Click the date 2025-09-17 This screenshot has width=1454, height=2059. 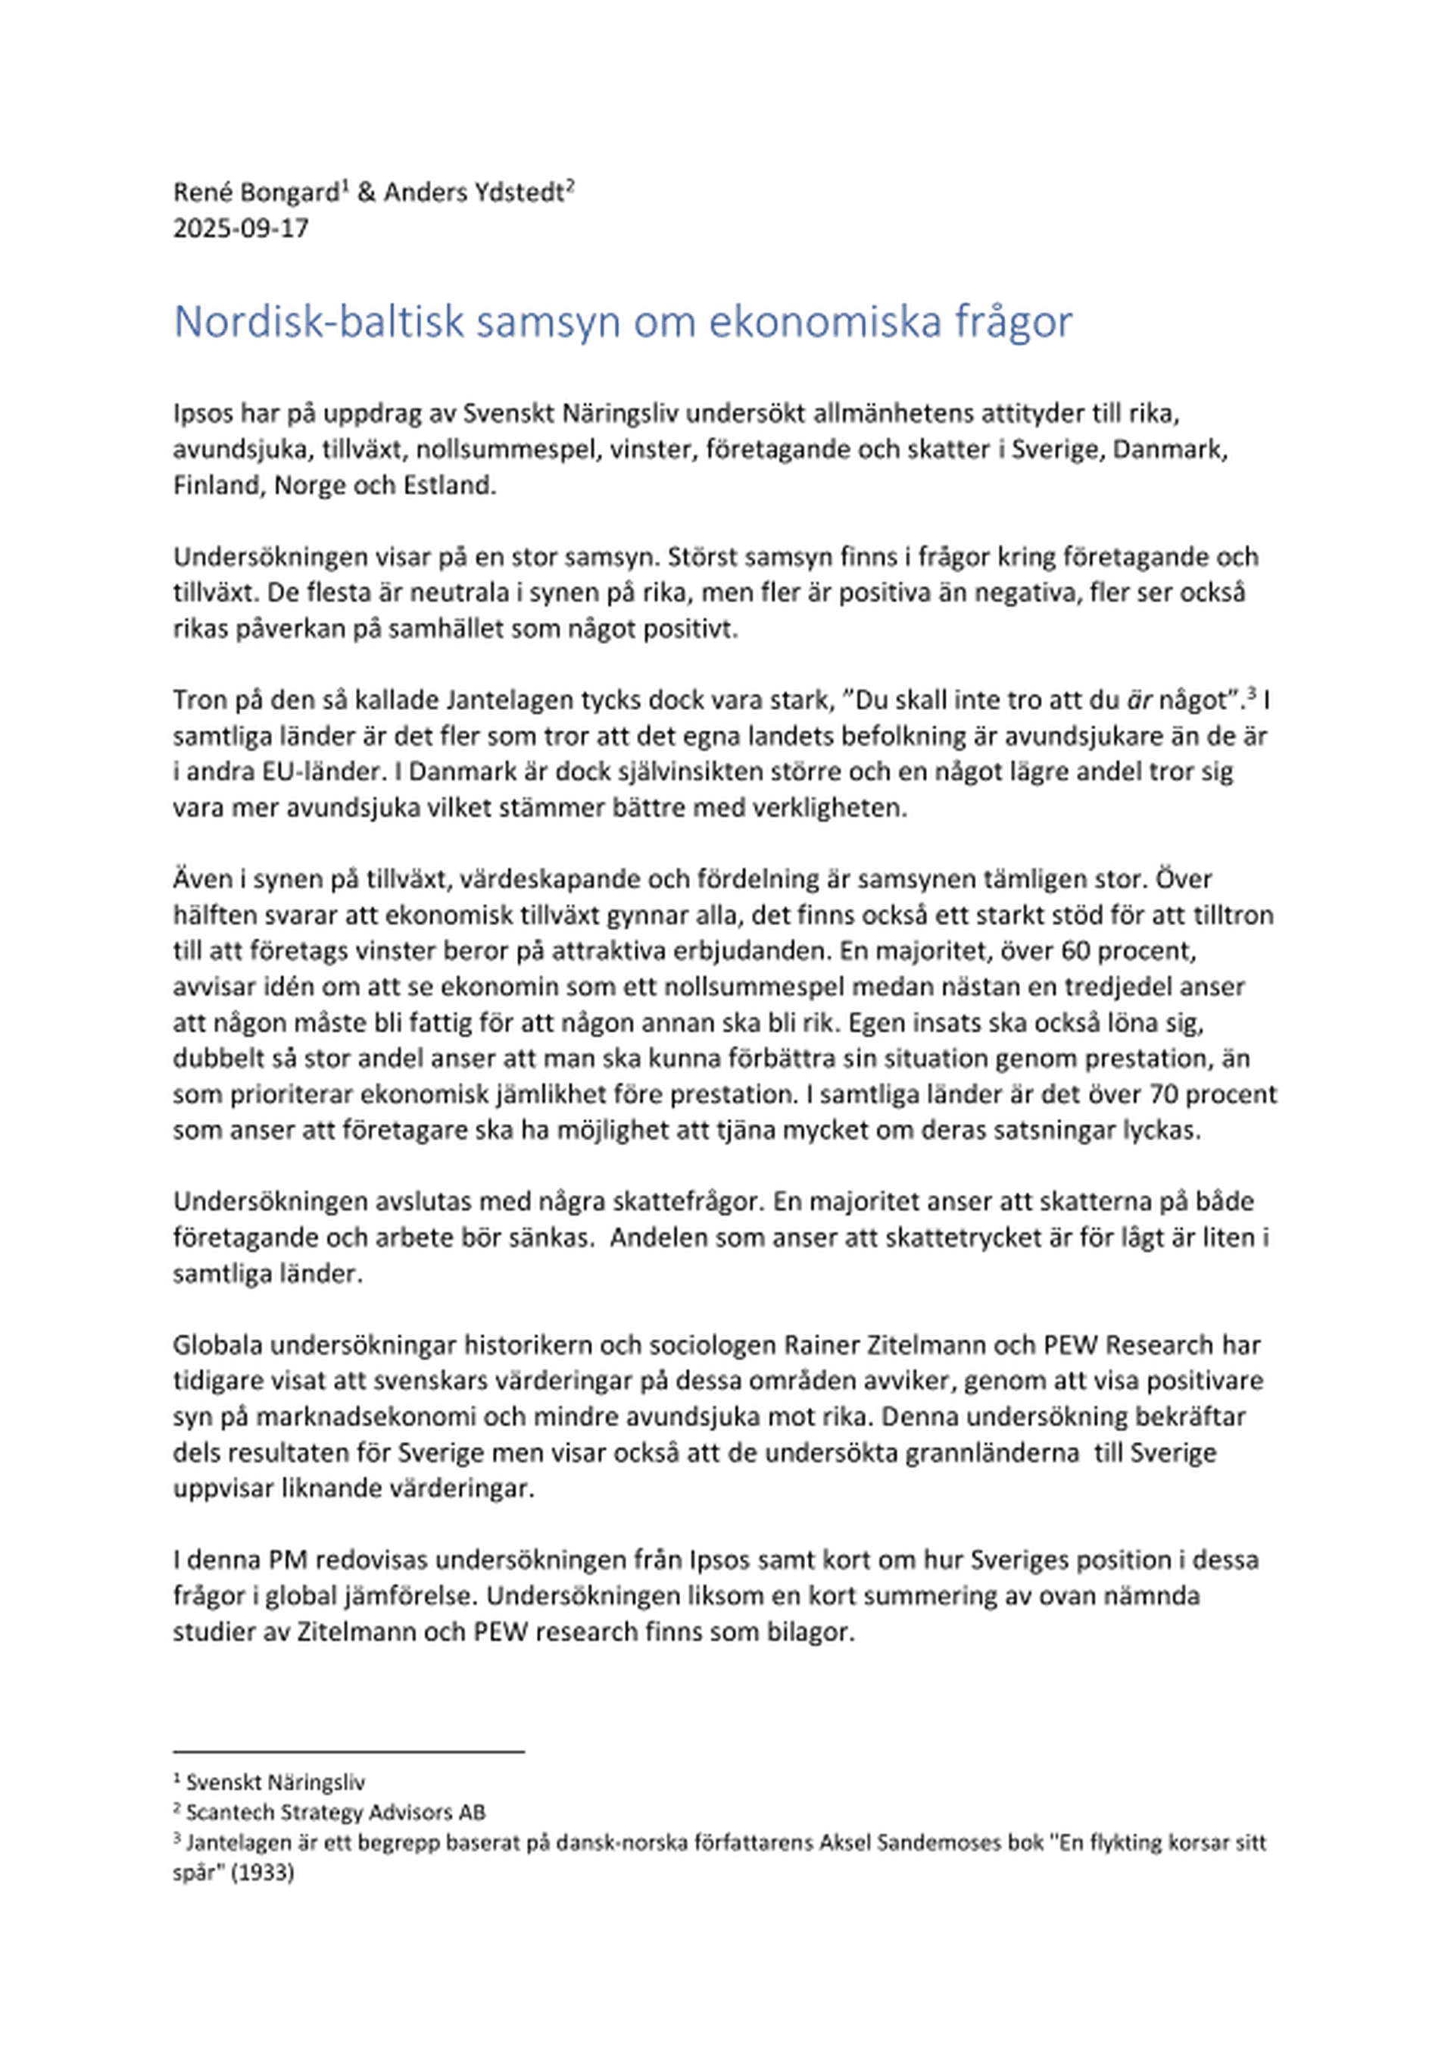[x=240, y=229]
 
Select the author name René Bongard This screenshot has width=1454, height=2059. [x=255, y=192]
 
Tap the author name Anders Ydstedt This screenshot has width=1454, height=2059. [x=473, y=192]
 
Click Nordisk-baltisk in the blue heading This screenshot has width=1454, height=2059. [x=319, y=322]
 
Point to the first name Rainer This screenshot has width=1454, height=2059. [x=820, y=1345]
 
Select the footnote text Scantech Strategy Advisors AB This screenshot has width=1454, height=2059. [x=335, y=1813]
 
